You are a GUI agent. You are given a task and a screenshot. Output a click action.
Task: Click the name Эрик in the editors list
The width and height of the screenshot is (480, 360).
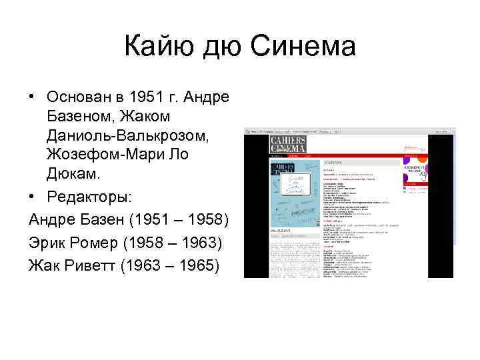click(49, 240)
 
